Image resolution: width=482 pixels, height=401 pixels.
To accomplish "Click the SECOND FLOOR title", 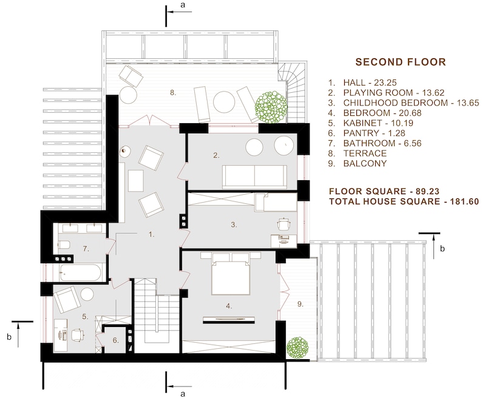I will click(400, 62).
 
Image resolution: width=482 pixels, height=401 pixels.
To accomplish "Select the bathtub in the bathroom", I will click(80, 272).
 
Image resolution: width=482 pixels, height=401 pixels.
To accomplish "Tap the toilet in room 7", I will click(65, 246).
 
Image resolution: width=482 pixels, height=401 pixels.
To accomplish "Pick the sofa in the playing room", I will click(254, 176).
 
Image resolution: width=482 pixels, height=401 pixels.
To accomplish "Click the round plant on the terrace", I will click(271, 106).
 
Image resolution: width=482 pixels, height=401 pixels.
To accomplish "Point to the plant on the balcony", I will click(297, 348).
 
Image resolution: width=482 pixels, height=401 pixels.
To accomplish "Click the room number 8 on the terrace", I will click(173, 93).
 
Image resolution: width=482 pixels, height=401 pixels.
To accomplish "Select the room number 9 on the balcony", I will click(299, 303).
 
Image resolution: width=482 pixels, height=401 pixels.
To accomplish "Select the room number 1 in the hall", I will click(152, 233).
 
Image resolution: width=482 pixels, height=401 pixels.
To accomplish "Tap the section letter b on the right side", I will click(443, 248).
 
